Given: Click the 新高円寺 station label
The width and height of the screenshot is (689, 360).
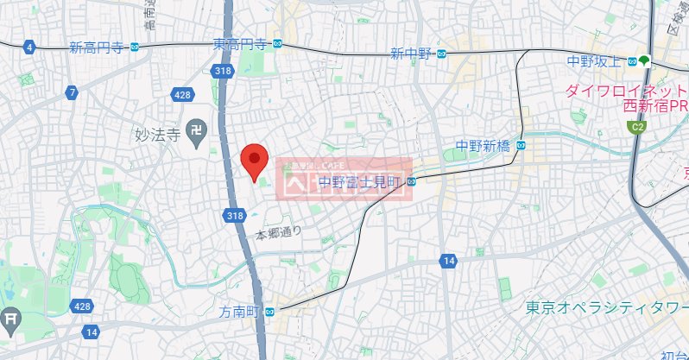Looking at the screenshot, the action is point(95,47).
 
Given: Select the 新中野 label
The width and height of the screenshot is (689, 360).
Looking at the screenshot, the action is point(410,54).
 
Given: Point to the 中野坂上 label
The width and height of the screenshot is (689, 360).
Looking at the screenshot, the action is point(595,60).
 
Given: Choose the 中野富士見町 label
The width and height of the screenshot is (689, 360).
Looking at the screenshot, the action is point(361,181).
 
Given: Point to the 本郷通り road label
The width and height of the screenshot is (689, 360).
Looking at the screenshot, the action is point(278,233).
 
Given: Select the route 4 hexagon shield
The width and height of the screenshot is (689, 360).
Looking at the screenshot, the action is point(30,47).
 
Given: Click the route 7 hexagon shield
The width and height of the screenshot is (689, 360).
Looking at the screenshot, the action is point(73,92).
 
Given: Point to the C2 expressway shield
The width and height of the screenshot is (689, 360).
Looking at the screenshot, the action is point(637,128).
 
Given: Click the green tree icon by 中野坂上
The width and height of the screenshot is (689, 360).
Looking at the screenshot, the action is point(646,60).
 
